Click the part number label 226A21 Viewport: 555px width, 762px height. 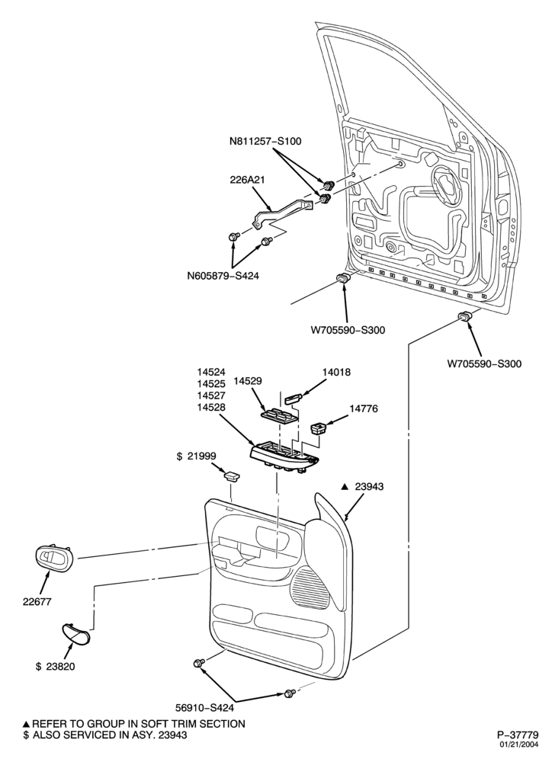click(247, 179)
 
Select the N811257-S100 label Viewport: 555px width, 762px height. click(265, 142)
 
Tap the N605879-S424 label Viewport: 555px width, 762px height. click(223, 276)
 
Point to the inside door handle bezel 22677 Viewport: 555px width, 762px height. click(54, 558)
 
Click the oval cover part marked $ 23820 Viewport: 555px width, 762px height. click(76, 633)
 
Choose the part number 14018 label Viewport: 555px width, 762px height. click(336, 373)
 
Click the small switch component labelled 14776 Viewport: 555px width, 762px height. click(319, 428)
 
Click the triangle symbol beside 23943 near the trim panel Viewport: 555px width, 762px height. click(344, 486)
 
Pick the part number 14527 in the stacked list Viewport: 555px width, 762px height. click(211, 395)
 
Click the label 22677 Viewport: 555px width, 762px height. click(37, 602)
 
